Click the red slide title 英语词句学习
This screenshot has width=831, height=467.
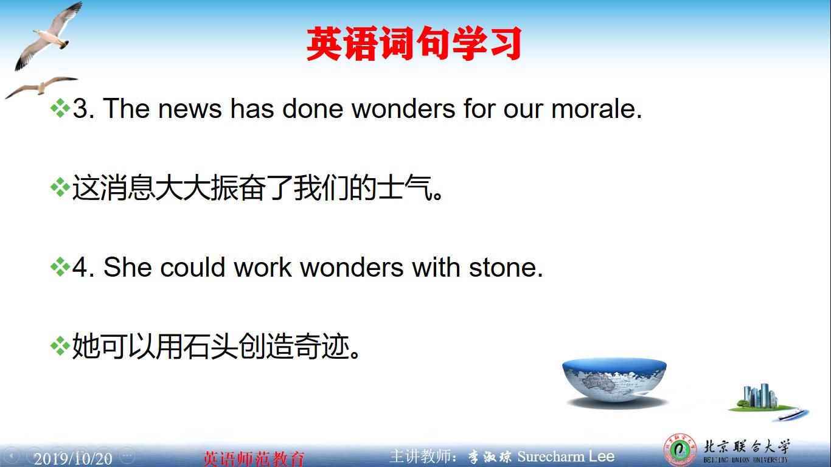(x=414, y=44)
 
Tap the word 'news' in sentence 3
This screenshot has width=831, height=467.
(x=190, y=109)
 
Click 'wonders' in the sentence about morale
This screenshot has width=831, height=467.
(x=403, y=109)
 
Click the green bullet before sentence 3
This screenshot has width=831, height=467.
(x=60, y=109)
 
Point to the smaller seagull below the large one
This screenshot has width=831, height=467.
(x=40, y=86)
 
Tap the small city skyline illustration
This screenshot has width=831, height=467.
(x=759, y=398)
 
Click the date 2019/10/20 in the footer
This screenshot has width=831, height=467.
(x=73, y=458)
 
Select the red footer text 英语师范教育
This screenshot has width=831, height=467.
(x=253, y=458)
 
